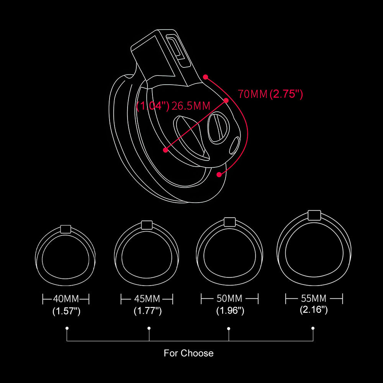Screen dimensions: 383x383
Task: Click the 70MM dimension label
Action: point(253,94)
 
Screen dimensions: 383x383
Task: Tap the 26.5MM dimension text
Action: point(191,106)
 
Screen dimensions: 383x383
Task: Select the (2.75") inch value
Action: point(286,94)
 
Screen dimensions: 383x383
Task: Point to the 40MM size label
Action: point(66,299)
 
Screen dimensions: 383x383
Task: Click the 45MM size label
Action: point(147,299)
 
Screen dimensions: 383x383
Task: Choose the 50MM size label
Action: point(229,298)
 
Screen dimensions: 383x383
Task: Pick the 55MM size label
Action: point(314,298)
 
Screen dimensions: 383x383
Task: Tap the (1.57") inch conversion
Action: point(66,311)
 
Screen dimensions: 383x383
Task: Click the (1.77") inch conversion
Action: point(148,311)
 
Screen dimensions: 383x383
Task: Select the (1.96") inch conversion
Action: point(230,311)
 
